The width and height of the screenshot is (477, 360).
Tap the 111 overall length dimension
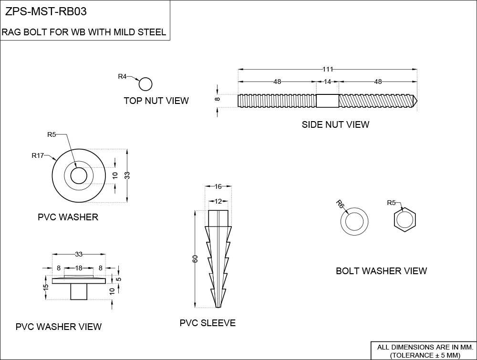coord(327,69)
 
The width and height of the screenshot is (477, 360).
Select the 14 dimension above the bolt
coord(327,82)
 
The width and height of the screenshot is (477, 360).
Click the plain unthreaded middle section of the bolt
coord(328,101)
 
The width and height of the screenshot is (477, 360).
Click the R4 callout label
coord(123,76)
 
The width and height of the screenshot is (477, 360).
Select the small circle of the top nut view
coord(145,84)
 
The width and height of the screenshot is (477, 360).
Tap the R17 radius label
coord(38,155)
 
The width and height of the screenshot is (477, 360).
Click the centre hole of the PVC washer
coord(79,176)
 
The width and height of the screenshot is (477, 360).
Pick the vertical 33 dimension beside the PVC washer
coord(127,175)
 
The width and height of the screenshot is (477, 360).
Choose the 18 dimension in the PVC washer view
coord(78,268)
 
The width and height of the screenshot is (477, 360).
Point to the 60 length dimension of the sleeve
coord(195,259)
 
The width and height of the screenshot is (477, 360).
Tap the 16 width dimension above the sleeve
coord(218,186)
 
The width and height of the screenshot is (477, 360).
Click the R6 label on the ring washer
coord(340,204)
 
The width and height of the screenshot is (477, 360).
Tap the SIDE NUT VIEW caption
coord(335,124)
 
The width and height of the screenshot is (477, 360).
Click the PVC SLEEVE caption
coord(207,323)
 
